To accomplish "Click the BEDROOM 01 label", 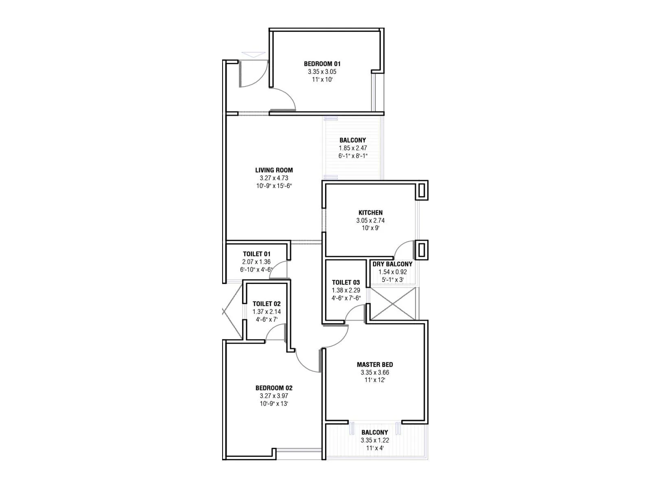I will coord(322,64).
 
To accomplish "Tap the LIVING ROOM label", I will coord(274,170).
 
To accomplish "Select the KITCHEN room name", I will coord(370,213).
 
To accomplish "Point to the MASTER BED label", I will coord(375,365).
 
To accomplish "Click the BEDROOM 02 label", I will coord(274,388).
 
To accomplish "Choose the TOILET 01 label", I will coord(256,254).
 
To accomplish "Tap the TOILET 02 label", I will coord(267,304).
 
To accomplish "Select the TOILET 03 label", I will coord(346,282).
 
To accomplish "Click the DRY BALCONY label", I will coord(392,264).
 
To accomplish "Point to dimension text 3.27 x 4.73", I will coord(274,178).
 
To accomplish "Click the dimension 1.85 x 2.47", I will coord(353,148).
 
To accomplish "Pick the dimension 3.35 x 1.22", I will coord(375,440).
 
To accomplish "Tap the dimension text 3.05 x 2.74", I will coord(370,220).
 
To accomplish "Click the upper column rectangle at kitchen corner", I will coord(422,190).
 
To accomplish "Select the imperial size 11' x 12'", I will coord(375,380).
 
